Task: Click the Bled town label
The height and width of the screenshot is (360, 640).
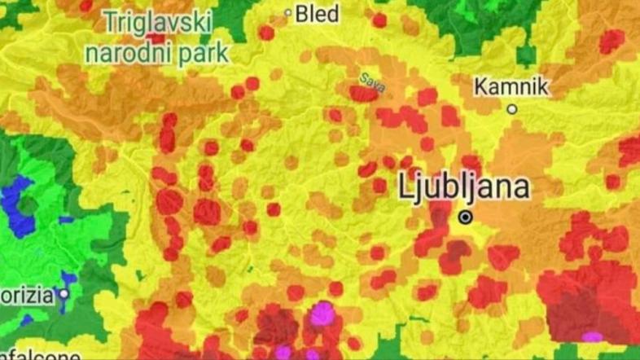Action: point(318,13)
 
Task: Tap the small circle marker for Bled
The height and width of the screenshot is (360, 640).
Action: point(287,13)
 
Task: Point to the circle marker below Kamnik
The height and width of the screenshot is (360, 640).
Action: point(512,109)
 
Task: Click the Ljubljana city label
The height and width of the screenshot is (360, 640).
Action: point(464,187)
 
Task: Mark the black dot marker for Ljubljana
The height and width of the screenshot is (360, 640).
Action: point(465,217)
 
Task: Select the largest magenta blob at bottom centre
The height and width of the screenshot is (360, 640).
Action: point(323,313)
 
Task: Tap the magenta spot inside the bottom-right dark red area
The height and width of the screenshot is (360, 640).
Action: point(592,336)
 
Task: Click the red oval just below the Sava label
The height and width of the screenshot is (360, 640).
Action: point(363,94)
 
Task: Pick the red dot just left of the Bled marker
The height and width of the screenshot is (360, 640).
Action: point(266,33)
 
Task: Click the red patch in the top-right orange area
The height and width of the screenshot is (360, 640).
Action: point(611,41)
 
